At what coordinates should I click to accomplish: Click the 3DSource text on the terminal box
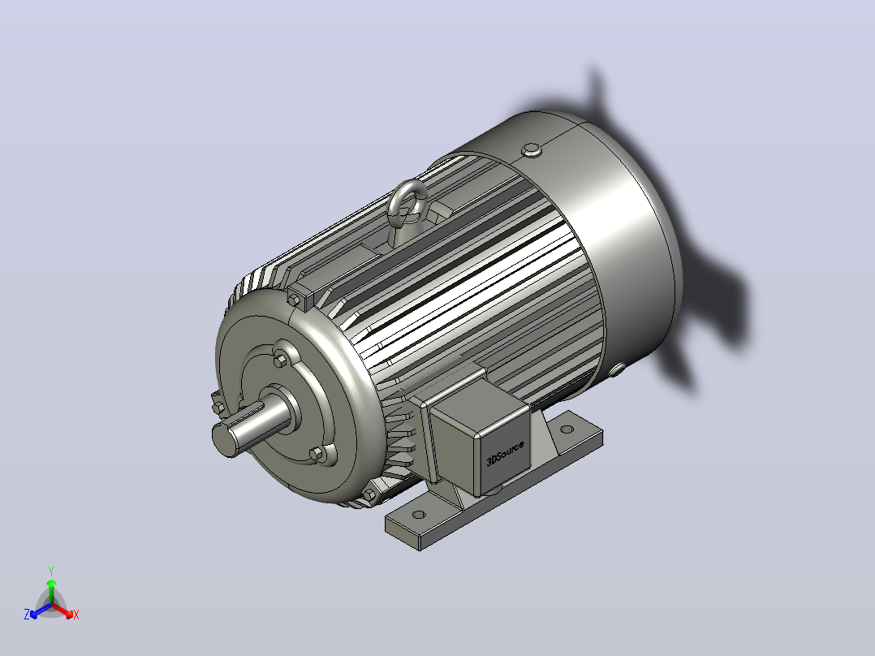(x=505, y=453)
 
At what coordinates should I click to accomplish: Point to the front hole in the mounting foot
(x=419, y=515)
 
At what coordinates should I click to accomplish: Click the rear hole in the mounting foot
(x=567, y=429)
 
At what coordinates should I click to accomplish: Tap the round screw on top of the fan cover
(x=531, y=149)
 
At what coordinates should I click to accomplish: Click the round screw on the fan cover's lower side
(x=617, y=369)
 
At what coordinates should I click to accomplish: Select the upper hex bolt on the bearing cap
(x=280, y=360)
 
